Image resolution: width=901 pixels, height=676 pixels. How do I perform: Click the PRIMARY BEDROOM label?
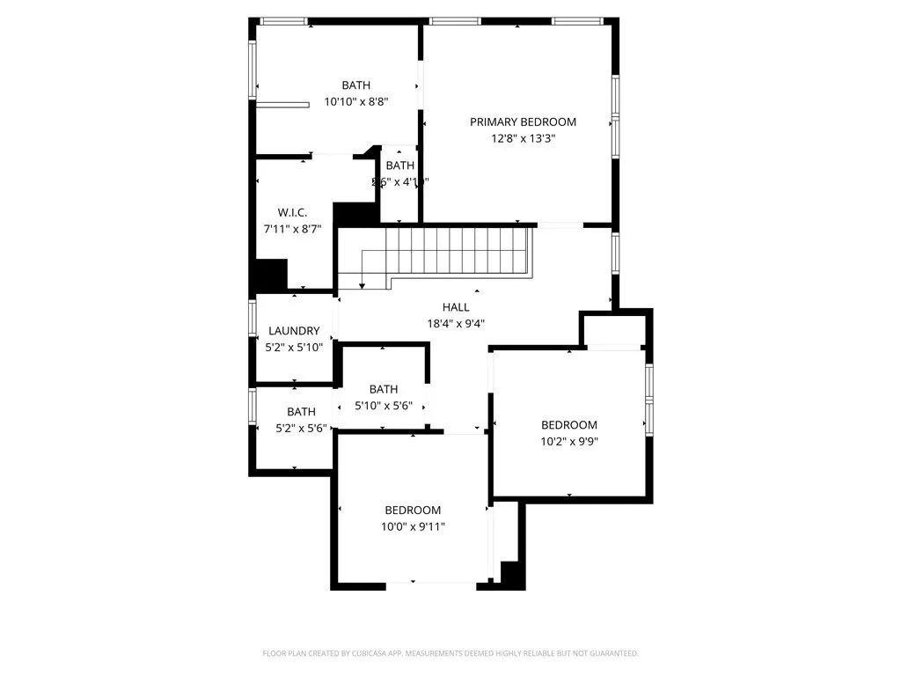click(x=523, y=122)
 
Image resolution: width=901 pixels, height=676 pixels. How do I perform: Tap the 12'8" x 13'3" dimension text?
click(x=523, y=138)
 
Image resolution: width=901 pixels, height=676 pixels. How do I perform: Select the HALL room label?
click(x=456, y=307)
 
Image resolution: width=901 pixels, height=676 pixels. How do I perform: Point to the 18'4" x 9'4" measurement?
click(x=456, y=323)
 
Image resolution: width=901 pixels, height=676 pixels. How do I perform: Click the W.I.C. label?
click(x=292, y=213)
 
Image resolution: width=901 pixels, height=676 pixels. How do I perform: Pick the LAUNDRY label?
click(x=294, y=331)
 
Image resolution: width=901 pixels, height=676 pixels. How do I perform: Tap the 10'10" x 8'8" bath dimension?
click(x=356, y=101)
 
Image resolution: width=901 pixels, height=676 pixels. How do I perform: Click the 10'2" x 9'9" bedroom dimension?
click(x=568, y=441)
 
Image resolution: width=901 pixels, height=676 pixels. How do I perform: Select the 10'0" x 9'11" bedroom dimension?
click(x=413, y=526)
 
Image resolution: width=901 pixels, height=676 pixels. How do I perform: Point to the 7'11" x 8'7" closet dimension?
click(x=292, y=229)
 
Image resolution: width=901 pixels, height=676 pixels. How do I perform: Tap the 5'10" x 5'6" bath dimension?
click(x=384, y=406)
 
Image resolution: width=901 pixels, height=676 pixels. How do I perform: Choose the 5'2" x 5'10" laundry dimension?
click(x=294, y=347)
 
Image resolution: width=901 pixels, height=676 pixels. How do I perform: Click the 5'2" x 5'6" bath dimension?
click(x=301, y=428)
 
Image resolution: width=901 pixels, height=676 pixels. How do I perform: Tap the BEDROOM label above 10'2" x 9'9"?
click(x=568, y=425)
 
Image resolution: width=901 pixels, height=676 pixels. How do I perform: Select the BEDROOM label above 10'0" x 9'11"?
click(x=413, y=511)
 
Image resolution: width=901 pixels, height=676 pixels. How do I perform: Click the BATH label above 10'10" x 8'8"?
click(x=356, y=85)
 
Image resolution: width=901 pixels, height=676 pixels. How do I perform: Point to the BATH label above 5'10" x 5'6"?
click(x=384, y=389)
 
